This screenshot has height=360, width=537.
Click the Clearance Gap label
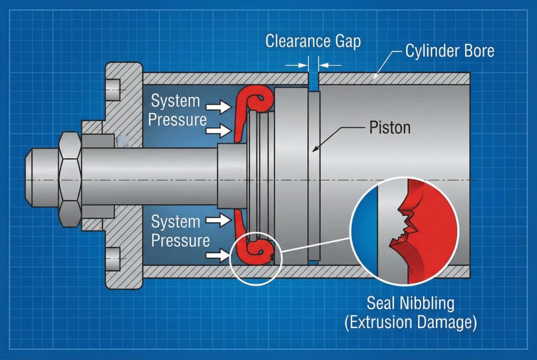tap(313, 41)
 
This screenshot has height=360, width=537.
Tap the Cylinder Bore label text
tap(449, 51)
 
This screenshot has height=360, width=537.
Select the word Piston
tap(390, 127)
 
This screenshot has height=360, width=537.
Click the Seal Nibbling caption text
tap(411, 303)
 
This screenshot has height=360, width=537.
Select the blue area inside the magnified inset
tap(364, 231)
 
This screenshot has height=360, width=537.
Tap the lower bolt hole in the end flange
tap(113, 257)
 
